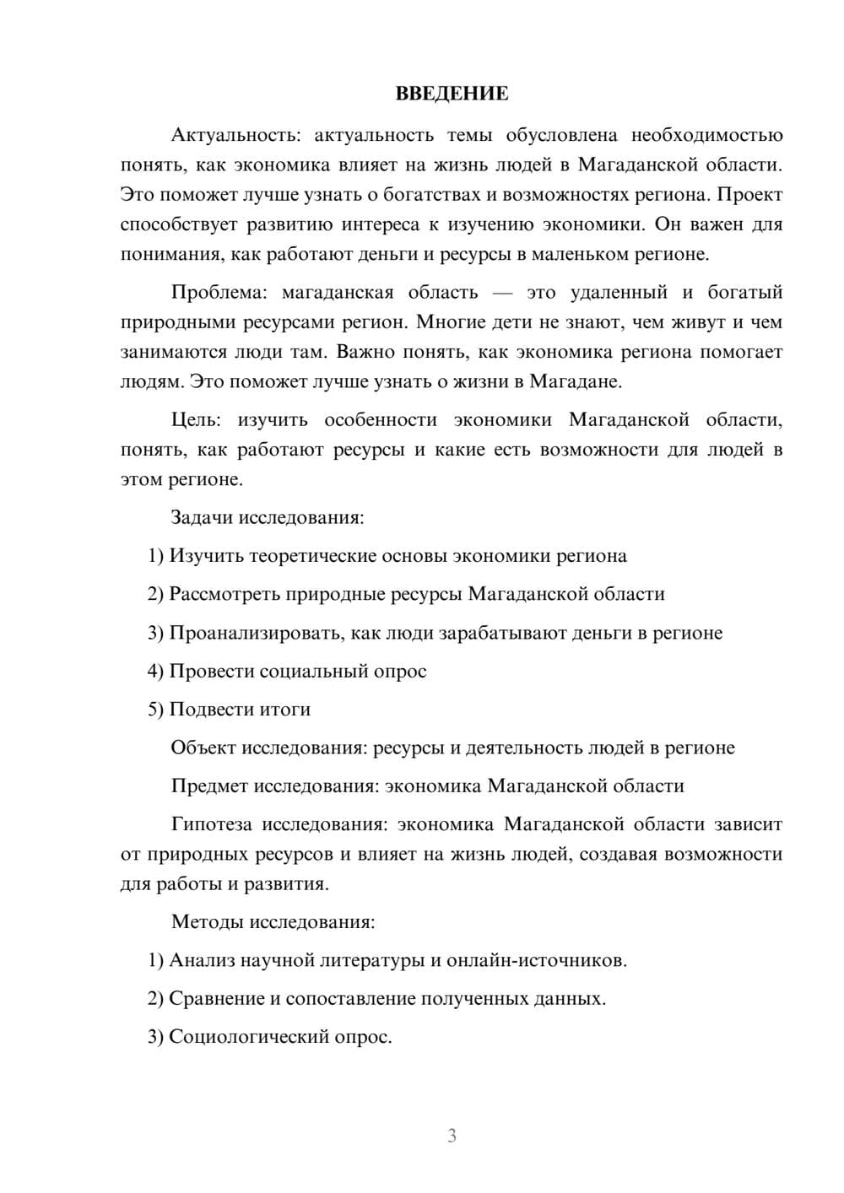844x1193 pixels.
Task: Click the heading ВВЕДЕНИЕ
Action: click(452, 94)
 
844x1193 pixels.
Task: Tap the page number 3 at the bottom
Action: click(452, 1136)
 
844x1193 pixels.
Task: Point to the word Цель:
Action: click(197, 420)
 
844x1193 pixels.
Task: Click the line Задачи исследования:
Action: click(268, 517)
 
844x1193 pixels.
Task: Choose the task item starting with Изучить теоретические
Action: click(387, 556)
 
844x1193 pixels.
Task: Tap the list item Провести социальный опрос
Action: click(288, 672)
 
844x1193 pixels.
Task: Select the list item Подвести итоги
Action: click(230, 710)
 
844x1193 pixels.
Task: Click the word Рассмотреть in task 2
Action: click(225, 594)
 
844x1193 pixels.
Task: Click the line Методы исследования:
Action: click(273, 921)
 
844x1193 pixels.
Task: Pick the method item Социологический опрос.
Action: click(270, 1037)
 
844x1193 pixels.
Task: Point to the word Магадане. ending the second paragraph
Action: click(575, 381)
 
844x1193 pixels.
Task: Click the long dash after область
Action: click(502, 293)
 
